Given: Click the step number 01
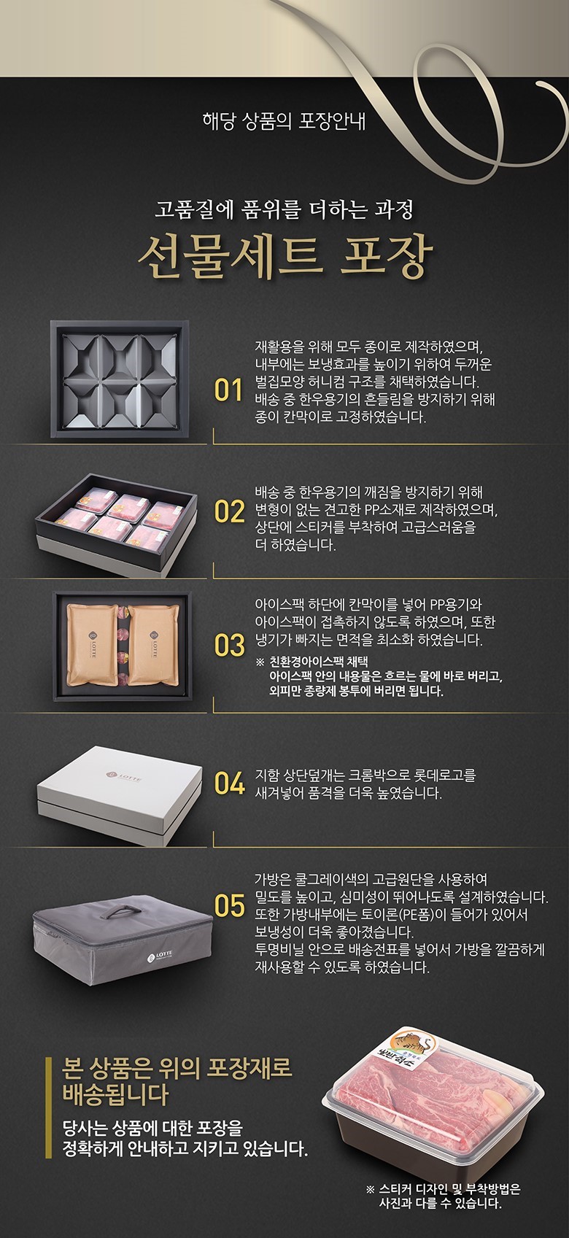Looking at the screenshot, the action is point(228,390).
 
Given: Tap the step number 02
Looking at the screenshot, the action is point(229,511).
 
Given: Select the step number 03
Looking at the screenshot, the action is point(229,646).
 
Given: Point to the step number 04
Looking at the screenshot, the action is point(229,784).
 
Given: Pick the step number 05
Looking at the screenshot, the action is point(229,905).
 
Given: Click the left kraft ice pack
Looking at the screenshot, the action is point(92,644).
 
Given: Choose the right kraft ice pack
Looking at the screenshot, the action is point(154,644).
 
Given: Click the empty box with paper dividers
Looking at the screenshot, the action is point(120,379).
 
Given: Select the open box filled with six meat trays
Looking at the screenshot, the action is point(117,523).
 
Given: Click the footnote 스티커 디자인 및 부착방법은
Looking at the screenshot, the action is point(449,1189).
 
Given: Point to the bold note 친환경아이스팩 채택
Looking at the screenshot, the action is point(319,662).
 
